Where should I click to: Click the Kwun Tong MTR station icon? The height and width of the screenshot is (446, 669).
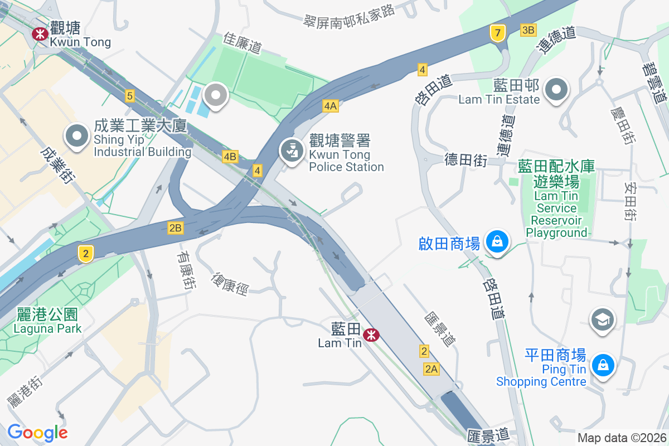(x=40, y=34)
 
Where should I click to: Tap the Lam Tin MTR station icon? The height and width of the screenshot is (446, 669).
(x=371, y=335)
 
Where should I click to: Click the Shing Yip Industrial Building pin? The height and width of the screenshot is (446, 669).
(x=77, y=136)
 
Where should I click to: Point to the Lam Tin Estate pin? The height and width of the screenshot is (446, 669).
(x=556, y=90)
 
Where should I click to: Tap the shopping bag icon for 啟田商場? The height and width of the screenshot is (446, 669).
(x=496, y=242)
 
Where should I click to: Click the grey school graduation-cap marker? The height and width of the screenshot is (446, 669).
(x=603, y=320)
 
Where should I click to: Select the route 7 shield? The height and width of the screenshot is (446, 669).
(x=497, y=33)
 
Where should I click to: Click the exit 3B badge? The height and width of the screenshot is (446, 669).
(x=528, y=30)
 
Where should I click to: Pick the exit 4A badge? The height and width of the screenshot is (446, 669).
(x=330, y=105)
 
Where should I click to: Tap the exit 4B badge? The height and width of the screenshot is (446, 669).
(x=230, y=157)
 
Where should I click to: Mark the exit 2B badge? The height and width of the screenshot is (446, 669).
(x=175, y=227)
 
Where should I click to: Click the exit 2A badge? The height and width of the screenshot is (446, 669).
(x=432, y=369)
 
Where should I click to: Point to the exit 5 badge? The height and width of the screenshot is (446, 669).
(x=130, y=96)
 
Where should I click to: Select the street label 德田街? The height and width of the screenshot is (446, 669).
(x=466, y=161)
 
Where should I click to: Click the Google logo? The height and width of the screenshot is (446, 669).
(x=37, y=432)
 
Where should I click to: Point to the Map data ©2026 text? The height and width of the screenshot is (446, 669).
(x=622, y=438)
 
